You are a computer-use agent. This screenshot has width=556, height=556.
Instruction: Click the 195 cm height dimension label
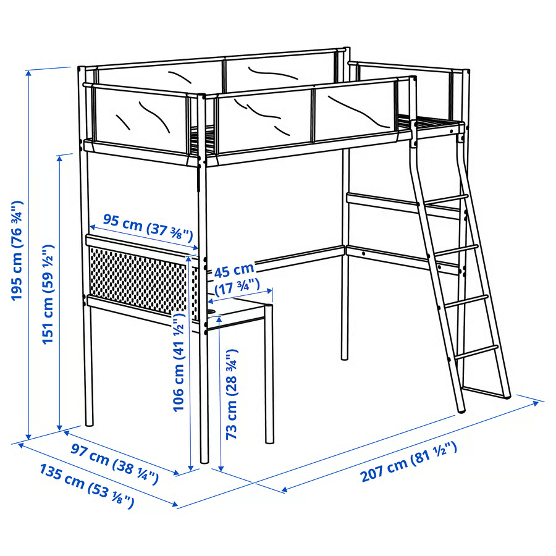click(17, 250)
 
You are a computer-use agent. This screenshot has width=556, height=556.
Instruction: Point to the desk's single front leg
click(269, 377)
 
